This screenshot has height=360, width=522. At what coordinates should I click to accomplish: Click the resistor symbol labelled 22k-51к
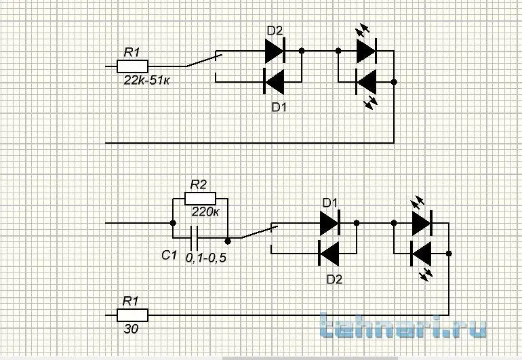(x=132, y=66)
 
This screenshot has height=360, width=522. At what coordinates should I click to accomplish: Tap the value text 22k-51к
(x=146, y=80)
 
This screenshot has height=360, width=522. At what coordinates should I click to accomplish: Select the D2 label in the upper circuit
(x=275, y=31)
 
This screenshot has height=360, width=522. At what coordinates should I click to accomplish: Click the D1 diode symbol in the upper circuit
(x=274, y=81)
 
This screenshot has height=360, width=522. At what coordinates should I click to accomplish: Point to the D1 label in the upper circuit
(x=279, y=107)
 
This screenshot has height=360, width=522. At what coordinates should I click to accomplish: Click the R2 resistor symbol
(x=200, y=199)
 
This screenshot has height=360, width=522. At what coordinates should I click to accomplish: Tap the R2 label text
(x=199, y=184)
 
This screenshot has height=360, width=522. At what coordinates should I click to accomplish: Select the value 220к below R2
(x=205, y=212)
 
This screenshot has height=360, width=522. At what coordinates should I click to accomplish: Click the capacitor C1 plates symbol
(x=194, y=238)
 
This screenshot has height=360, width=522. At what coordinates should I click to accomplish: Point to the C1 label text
(x=169, y=255)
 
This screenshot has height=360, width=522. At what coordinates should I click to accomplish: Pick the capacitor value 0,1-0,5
(x=205, y=258)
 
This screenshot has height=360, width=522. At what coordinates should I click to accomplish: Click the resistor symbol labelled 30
(x=132, y=315)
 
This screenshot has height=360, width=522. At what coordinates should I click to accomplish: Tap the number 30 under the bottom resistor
(x=131, y=329)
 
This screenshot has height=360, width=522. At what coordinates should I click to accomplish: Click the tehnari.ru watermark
(x=403, y=325)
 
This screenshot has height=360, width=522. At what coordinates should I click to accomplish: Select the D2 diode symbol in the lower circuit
(x=329, y=254)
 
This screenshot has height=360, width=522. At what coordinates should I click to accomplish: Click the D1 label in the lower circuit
(x=330, y=203)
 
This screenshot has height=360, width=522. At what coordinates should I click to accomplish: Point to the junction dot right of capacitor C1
(x=228, y=241)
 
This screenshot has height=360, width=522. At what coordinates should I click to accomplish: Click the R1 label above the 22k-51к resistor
(x=132, y=52)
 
